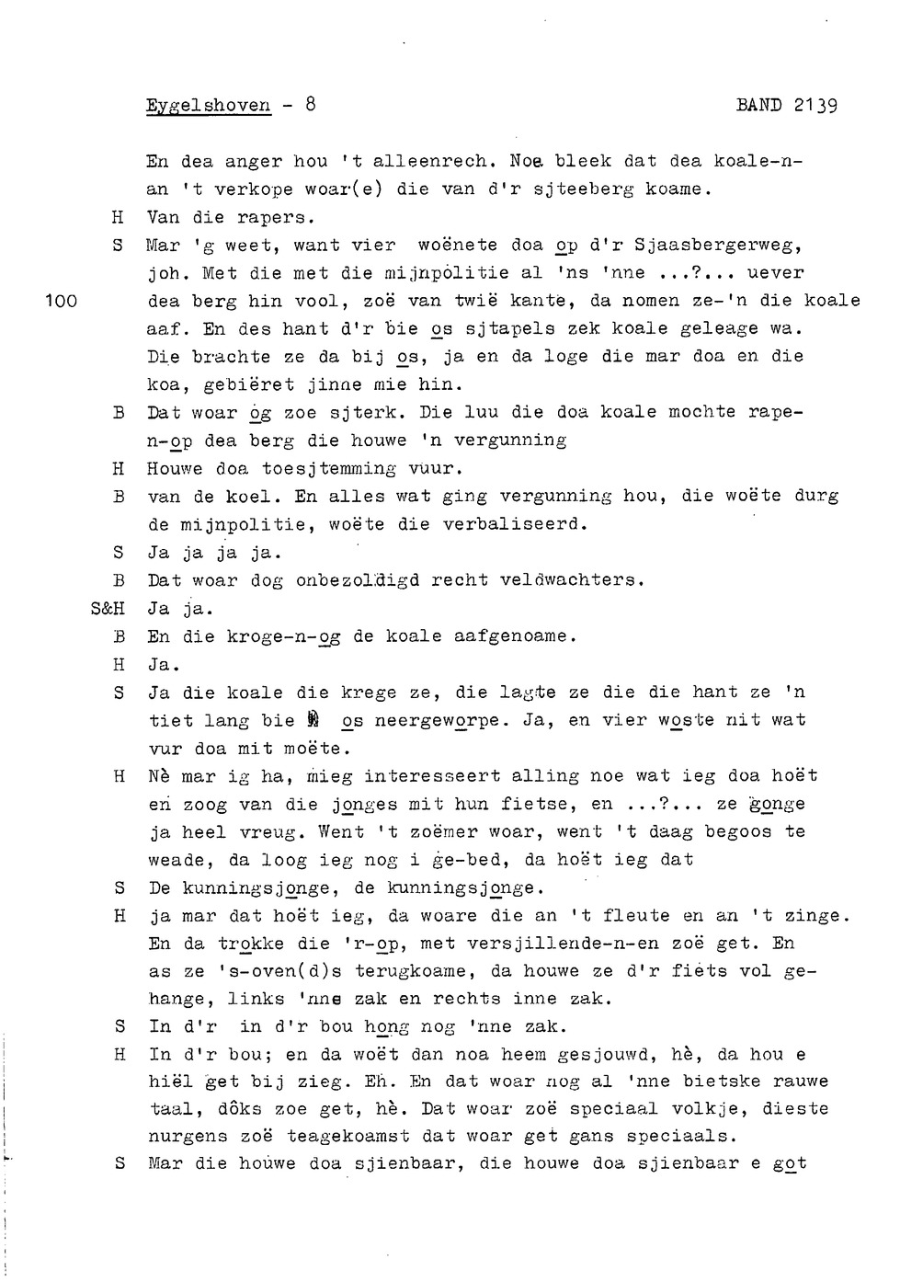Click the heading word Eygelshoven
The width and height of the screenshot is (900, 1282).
pos(209,105)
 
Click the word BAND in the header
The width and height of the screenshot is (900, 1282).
pos(759,105)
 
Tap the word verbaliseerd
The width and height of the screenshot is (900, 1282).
pos(515,525)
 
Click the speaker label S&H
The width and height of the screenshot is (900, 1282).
pos(109,609)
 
